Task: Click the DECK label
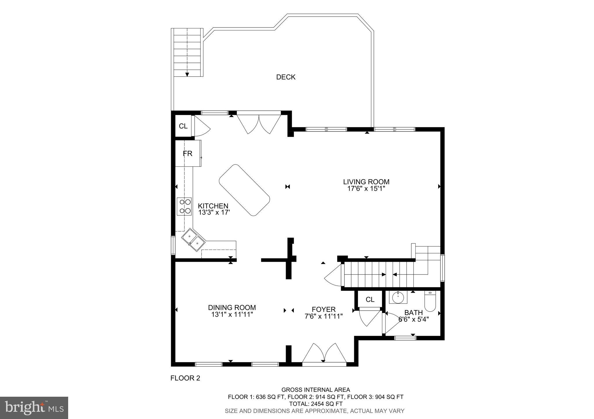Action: click(286, 77)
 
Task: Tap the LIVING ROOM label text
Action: click(366, 182)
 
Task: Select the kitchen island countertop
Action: click(244, 190)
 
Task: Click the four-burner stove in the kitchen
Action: click(184, 206)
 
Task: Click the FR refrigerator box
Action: click(188, 153)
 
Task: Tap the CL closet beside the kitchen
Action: click(183, 126)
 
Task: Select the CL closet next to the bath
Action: click(370, 300)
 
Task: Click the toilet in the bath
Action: click(430, 301)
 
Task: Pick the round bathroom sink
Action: click(398, 297)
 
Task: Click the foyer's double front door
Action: click(324, 354)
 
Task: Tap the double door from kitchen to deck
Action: click(259, 124)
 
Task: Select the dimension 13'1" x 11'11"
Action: click(232, 314)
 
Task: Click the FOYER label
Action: click(324, 309)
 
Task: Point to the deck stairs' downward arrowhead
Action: click(187, 74)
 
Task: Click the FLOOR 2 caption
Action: click(185, 378)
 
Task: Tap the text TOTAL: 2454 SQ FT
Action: click(316, 404)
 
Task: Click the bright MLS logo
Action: click(34, 408)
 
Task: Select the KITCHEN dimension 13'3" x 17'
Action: click(214, 213)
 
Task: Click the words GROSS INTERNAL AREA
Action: click(316, 390)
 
